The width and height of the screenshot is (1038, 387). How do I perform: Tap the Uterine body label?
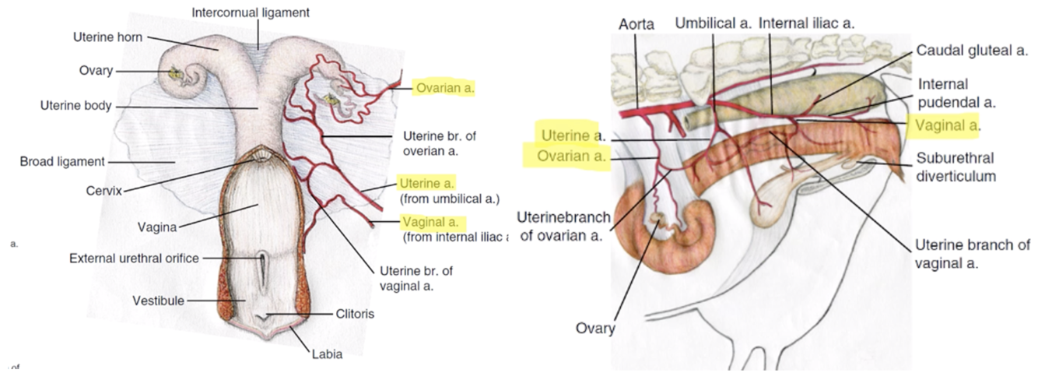click(x=75, y=105)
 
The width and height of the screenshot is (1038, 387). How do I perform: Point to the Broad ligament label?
click(x=61, y=161)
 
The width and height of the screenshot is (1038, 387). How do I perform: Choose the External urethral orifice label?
click(x=134, y=258)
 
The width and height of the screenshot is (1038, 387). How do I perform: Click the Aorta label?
click(x=636, y=24)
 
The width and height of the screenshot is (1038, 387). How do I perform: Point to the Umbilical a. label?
click(x=713, y=23)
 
